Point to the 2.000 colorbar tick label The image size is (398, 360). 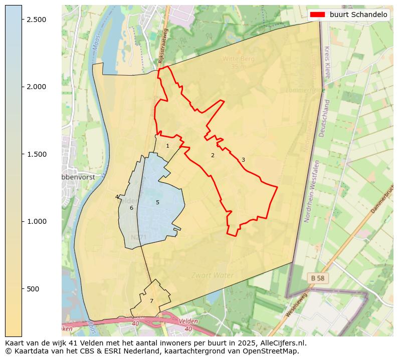[x=36, y=87]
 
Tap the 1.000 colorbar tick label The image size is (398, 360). [x=36, y=221]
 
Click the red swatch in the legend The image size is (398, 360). [x=317, y=15]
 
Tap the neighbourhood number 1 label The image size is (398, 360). [x=167, y=146]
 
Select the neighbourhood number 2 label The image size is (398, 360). [x=213, y=155]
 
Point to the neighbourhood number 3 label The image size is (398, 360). [x=243, y=160]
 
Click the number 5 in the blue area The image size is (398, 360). [x=157, y=202]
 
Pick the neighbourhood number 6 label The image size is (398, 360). [x=131, y=208]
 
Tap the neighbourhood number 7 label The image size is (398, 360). [x=151, y=301]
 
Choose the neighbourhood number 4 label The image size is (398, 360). [x=117, y=197]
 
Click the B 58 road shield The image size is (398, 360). [x=318, y=277]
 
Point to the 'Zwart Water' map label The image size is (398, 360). [x=213, y=275]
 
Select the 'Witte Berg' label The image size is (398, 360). [x=239, y=59]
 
